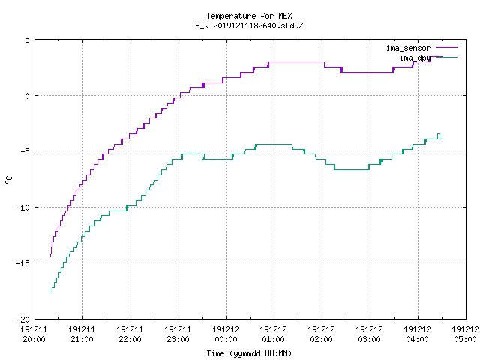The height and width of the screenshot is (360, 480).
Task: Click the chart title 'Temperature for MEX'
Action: point(249,16)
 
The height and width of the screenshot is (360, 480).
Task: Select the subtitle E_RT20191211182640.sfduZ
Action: point(249,25)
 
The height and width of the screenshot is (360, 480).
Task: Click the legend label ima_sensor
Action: point(408,48)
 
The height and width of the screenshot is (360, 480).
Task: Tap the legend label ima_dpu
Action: point(415,58)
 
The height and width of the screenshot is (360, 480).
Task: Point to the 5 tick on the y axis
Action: point(28,40)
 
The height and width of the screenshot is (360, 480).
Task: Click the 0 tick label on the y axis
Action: point(28,96)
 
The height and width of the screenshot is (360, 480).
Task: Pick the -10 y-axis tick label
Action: point(23,208)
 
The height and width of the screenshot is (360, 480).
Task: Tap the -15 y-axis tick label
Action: point(23,263)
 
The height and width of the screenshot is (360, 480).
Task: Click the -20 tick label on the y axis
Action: point(23,319)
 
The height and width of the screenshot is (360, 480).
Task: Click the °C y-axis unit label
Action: point(9,180)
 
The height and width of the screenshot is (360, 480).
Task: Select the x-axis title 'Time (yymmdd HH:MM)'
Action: point(249,353)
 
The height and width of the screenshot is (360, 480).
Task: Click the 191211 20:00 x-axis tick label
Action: point(34,334)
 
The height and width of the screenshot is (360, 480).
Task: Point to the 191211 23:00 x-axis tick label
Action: point(178,334)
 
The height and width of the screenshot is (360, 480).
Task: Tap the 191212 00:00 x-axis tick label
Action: point(226,334)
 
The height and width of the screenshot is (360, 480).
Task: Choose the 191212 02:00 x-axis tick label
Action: point(321,334)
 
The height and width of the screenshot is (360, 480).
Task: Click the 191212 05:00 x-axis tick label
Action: point(465,334)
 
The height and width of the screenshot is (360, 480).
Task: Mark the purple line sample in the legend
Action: point(447,48)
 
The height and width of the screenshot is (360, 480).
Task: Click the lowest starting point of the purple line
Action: point(50,256)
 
